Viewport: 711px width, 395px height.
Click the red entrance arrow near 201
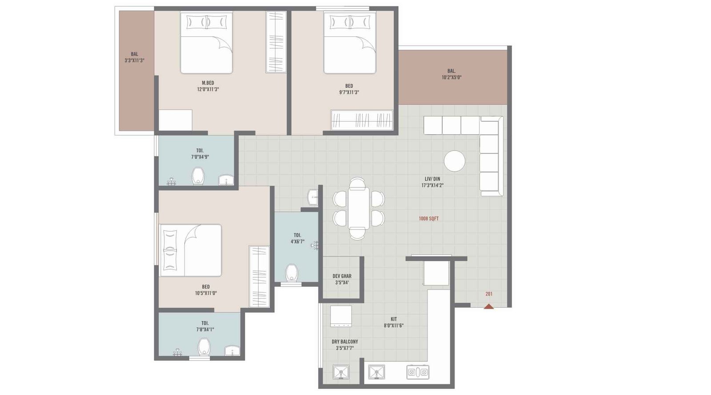click(x=489, y=306)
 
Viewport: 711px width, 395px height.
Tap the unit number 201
click(x=489, y=294)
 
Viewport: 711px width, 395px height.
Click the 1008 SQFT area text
click(x=429, y=219)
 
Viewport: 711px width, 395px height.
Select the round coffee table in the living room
click(x=455, y=161)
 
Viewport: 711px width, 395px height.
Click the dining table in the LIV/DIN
click(x=358, y=207)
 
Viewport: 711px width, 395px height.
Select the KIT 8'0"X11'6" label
click(x=394, y=322)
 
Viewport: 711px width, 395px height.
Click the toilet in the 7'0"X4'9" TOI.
click(x=198, y=176)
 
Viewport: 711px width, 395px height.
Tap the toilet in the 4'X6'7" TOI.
click(x=292, y=272)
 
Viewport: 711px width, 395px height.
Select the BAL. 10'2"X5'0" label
click(x=451, y=74)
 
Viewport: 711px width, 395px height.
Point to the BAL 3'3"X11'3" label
click(x=134, y=57)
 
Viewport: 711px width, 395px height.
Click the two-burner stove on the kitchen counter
click(x=418, y=372)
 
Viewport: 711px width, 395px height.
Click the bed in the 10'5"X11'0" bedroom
click(x=191, y=250)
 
